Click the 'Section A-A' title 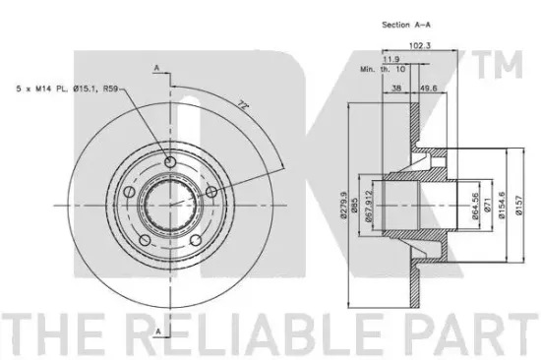pyautogui.click(x=405, y=25)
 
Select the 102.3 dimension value pyautogui.click(x=420, y=45)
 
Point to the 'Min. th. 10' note pyautogui.click(x=383, y=69)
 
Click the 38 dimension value pyautogui.click(x=396, y=88)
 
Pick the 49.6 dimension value pyautogui.click(x=428, y=88)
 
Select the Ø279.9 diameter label pyautogui.click(x=343, y=205)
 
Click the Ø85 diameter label pyautogui.click(x=354, y=205)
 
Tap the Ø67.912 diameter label pyautogui.click(x=369, y=206)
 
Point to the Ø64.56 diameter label pyautogui.click(x=475, y=206)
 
